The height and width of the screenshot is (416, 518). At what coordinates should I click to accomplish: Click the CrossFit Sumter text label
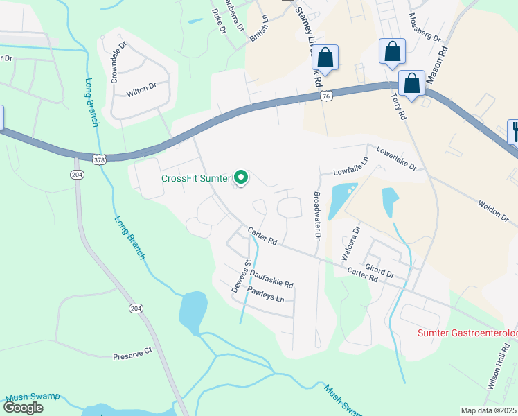click(x=195, y=178)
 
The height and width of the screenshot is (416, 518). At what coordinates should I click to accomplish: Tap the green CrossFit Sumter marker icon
click(x=241, y=179)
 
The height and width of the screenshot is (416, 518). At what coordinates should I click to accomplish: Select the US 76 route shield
click(x=325, y=97)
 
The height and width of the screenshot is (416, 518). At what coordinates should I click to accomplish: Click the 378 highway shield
click(x=100, y=159)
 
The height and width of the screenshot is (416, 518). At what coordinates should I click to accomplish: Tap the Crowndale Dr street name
click(x=119, y=63)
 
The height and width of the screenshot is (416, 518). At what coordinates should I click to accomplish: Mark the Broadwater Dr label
click(x=317, y=216)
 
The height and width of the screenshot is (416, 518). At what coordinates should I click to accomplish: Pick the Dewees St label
click(x=247, y=271)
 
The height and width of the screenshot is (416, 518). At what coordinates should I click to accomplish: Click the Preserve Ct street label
click(x=132, y=354)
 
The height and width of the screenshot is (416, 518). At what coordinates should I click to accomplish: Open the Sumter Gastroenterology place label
click(x=467, y=334)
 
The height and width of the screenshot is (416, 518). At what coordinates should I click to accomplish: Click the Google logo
click(x=24, y=408)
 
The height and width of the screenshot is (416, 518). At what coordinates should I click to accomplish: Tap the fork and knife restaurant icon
click(x=514, y=130)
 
